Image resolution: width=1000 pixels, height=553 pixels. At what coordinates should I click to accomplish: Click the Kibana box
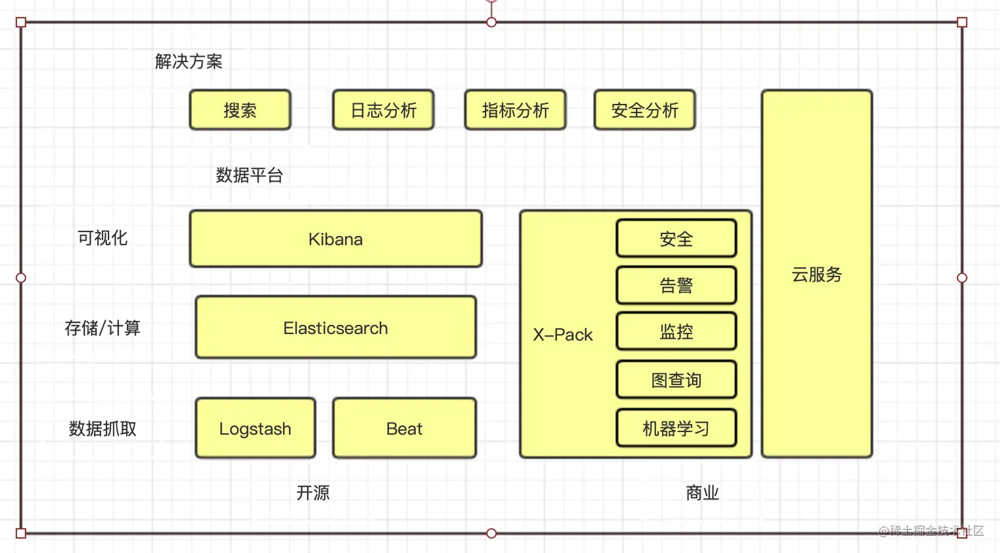pos(335,239)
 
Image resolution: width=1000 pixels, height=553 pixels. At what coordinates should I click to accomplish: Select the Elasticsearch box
pos(335,327)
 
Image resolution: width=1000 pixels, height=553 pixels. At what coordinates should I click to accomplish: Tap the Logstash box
pos(255,428)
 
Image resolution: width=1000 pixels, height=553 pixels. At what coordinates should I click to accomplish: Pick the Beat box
pos(404,428)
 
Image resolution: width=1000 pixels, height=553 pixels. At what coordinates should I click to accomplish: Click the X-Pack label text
pos(563,335)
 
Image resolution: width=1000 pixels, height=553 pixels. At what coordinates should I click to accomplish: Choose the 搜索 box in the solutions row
pos(240,110)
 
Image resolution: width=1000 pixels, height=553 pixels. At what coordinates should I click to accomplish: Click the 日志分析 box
pos(384,110)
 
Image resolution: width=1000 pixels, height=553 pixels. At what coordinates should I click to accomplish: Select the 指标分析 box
pos(515,110)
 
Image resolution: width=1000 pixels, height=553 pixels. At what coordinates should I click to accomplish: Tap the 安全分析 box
pos(645,110)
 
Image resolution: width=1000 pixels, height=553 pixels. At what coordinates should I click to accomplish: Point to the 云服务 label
pos(817,274)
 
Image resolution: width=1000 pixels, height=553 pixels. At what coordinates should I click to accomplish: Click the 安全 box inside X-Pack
pos(676,239)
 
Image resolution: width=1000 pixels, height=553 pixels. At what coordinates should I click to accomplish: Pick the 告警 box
pos(676,285)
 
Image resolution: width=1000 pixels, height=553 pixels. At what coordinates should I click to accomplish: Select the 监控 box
pos(676,331)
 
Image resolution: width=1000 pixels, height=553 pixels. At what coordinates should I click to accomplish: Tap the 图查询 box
pos(676,380)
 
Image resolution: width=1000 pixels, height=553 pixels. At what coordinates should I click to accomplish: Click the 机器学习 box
pos(676,429)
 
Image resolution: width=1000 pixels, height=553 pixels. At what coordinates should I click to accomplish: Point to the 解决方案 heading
pos(188,62)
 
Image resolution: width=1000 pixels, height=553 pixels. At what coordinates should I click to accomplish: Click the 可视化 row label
pos(103,237)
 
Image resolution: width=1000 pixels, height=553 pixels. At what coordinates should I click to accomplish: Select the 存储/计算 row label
pos(103,327)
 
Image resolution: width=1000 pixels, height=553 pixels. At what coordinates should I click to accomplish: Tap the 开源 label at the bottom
pos(313,493)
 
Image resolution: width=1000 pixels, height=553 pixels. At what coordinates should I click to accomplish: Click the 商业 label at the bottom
pos(702,493)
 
